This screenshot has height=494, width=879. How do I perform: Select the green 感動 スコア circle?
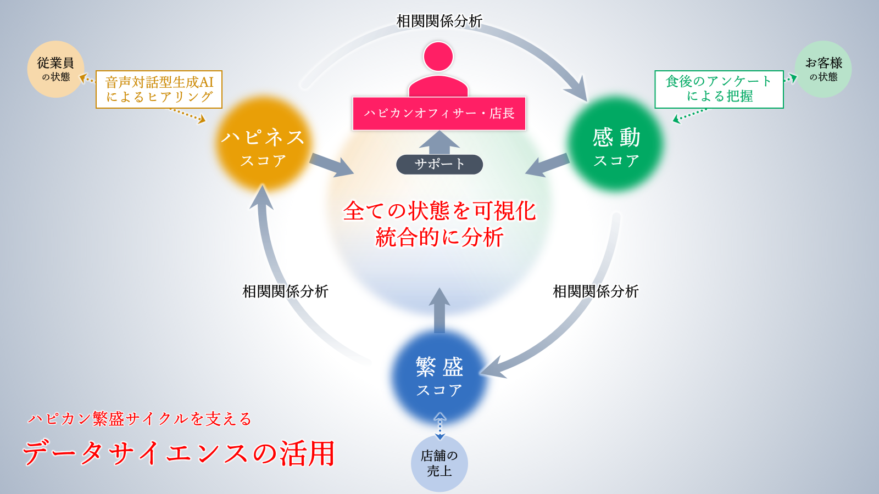(615, 143)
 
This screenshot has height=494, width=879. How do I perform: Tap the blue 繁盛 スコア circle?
(439, 377)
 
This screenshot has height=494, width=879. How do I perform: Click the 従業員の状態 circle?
(55, 69)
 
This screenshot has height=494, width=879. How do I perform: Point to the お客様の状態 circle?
(824, 69)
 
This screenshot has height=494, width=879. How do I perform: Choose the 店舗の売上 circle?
(439, 463)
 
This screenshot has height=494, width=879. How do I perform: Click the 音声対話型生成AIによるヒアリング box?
(159, 89)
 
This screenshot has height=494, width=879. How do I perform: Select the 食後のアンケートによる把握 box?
(719, 89)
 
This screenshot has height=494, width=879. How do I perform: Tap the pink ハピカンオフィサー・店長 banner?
(439, 113)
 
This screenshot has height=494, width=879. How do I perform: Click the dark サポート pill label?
(439, 164)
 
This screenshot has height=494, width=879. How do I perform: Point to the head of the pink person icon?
(438, 57)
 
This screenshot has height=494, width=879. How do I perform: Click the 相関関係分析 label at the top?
(439, 21)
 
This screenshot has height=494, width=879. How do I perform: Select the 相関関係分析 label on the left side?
(285, 291)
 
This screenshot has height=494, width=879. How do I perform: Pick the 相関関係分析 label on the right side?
(596, 291)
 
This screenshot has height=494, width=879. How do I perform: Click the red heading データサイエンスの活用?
(179, 453)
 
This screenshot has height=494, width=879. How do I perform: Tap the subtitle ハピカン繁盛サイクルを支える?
(140, 419)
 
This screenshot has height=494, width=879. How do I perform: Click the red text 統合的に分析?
(439, 237)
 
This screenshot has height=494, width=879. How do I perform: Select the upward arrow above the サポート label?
(439, 142)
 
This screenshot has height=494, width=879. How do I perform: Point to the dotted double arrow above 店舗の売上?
(440, 426)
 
